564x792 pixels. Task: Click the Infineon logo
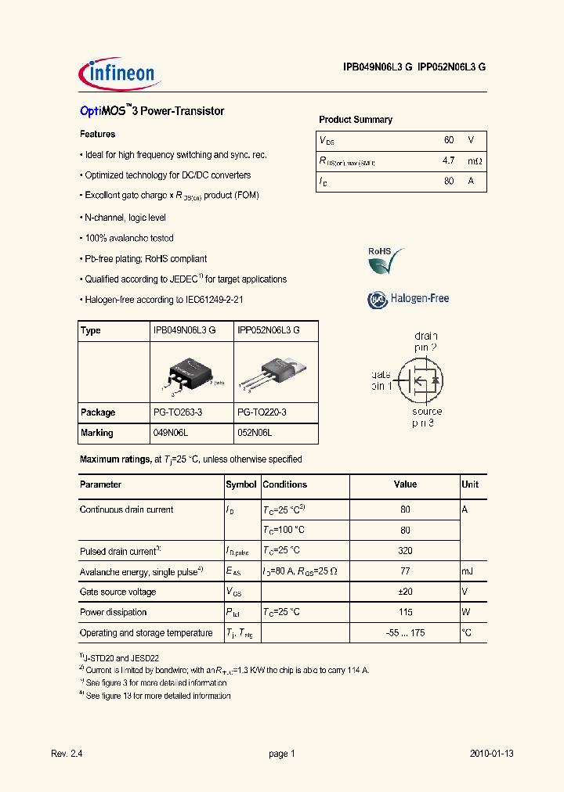pos(121,74)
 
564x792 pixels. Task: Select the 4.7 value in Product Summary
pos(448,161)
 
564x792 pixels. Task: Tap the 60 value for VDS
pos(449,140)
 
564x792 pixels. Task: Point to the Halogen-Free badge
pos(408,299)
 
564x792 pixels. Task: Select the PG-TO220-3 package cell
pos(262,412)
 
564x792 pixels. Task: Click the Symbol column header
pos(241,484)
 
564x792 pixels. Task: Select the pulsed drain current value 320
pos(405,551)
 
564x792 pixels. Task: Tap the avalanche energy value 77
pos(405,571)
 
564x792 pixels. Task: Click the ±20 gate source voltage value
pos(405,592)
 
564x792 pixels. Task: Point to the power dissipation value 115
pos(405,613)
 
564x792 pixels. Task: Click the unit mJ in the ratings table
pos(468,571)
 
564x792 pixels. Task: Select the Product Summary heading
pos(356,120)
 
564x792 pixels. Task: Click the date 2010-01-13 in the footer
pos(492,754)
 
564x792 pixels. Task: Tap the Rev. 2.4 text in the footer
pos(67,754)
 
